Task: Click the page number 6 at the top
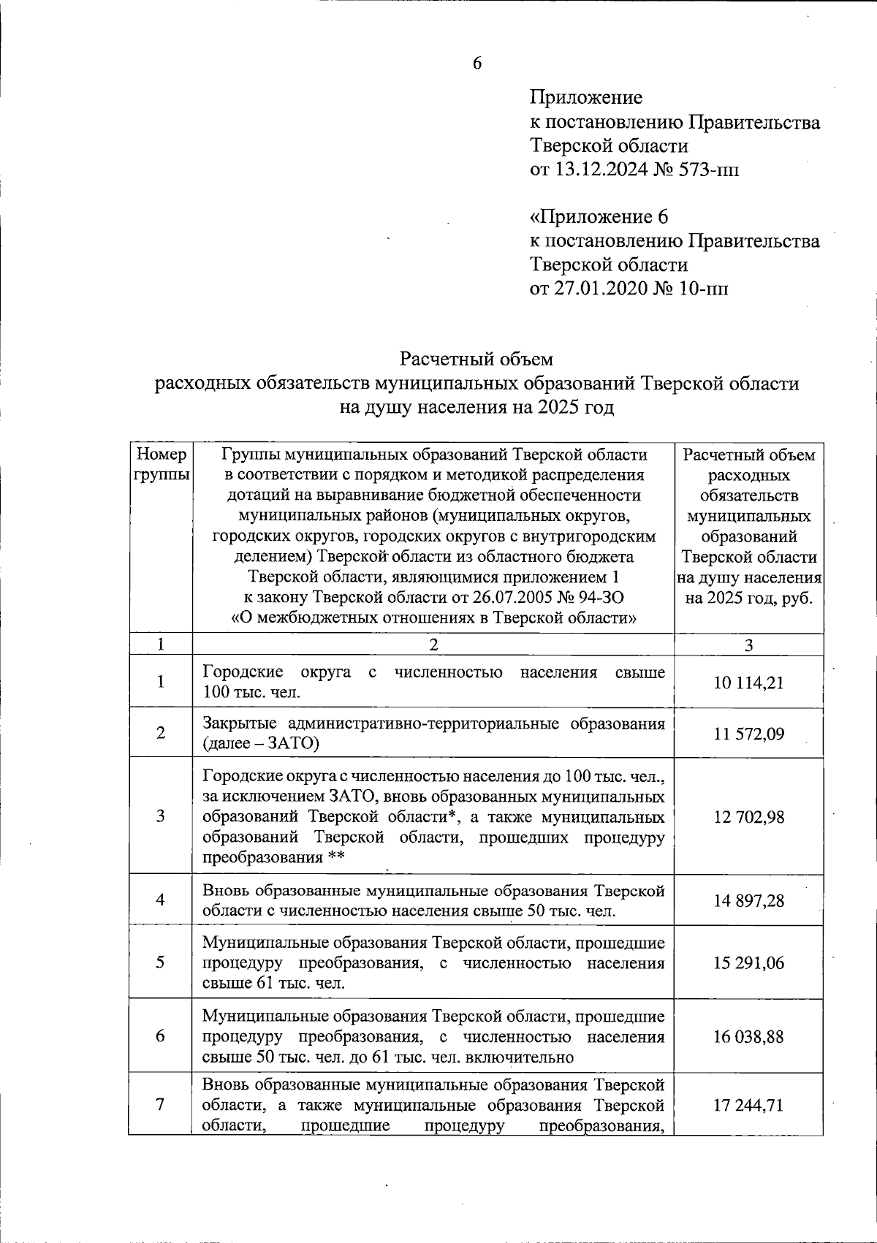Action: tap(477, 64)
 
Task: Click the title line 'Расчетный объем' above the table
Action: tap(476, 359)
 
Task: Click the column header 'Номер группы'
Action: tap(161, 465)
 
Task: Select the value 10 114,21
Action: tap(748, 683)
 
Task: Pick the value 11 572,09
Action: tap(748, 734)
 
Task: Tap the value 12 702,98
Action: tap(748, 817)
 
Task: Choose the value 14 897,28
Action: tap(748, 901)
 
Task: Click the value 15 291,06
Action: tap(748, 963)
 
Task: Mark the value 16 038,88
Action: tap(748, 1037)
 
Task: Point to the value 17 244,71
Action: tap(748, 1106)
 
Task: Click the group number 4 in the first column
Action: tap(160, 900)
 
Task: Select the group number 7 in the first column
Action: tap(160, 1104)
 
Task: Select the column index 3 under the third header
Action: tap(748, 645)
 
